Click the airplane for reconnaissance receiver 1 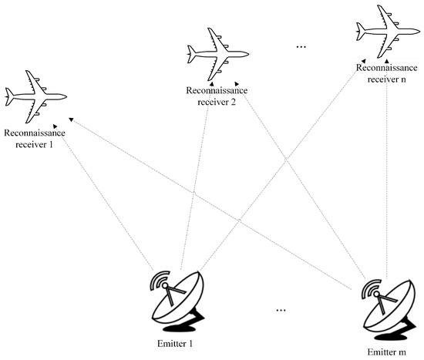coord(35,96)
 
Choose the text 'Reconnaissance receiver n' coord(387,72)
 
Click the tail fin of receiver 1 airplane coord(10,96)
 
